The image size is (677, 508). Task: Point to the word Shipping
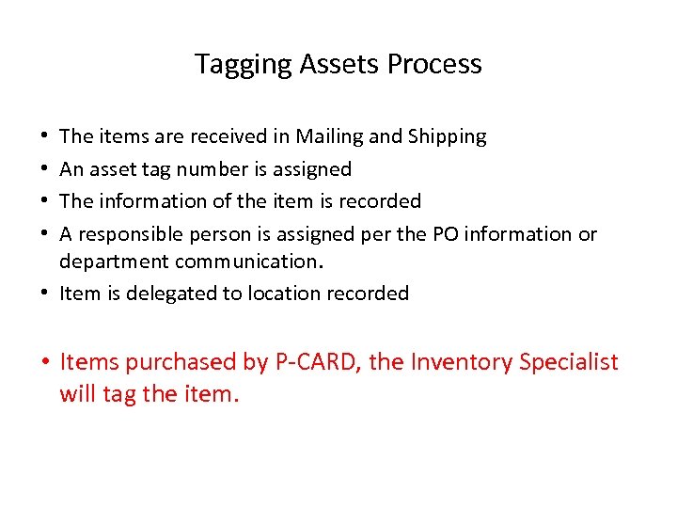[x=448, y=137]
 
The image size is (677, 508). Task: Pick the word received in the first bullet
[x=228, y=137]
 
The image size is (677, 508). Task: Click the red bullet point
[x=46, y=362]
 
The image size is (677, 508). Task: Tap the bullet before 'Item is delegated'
[x=46, y=294]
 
